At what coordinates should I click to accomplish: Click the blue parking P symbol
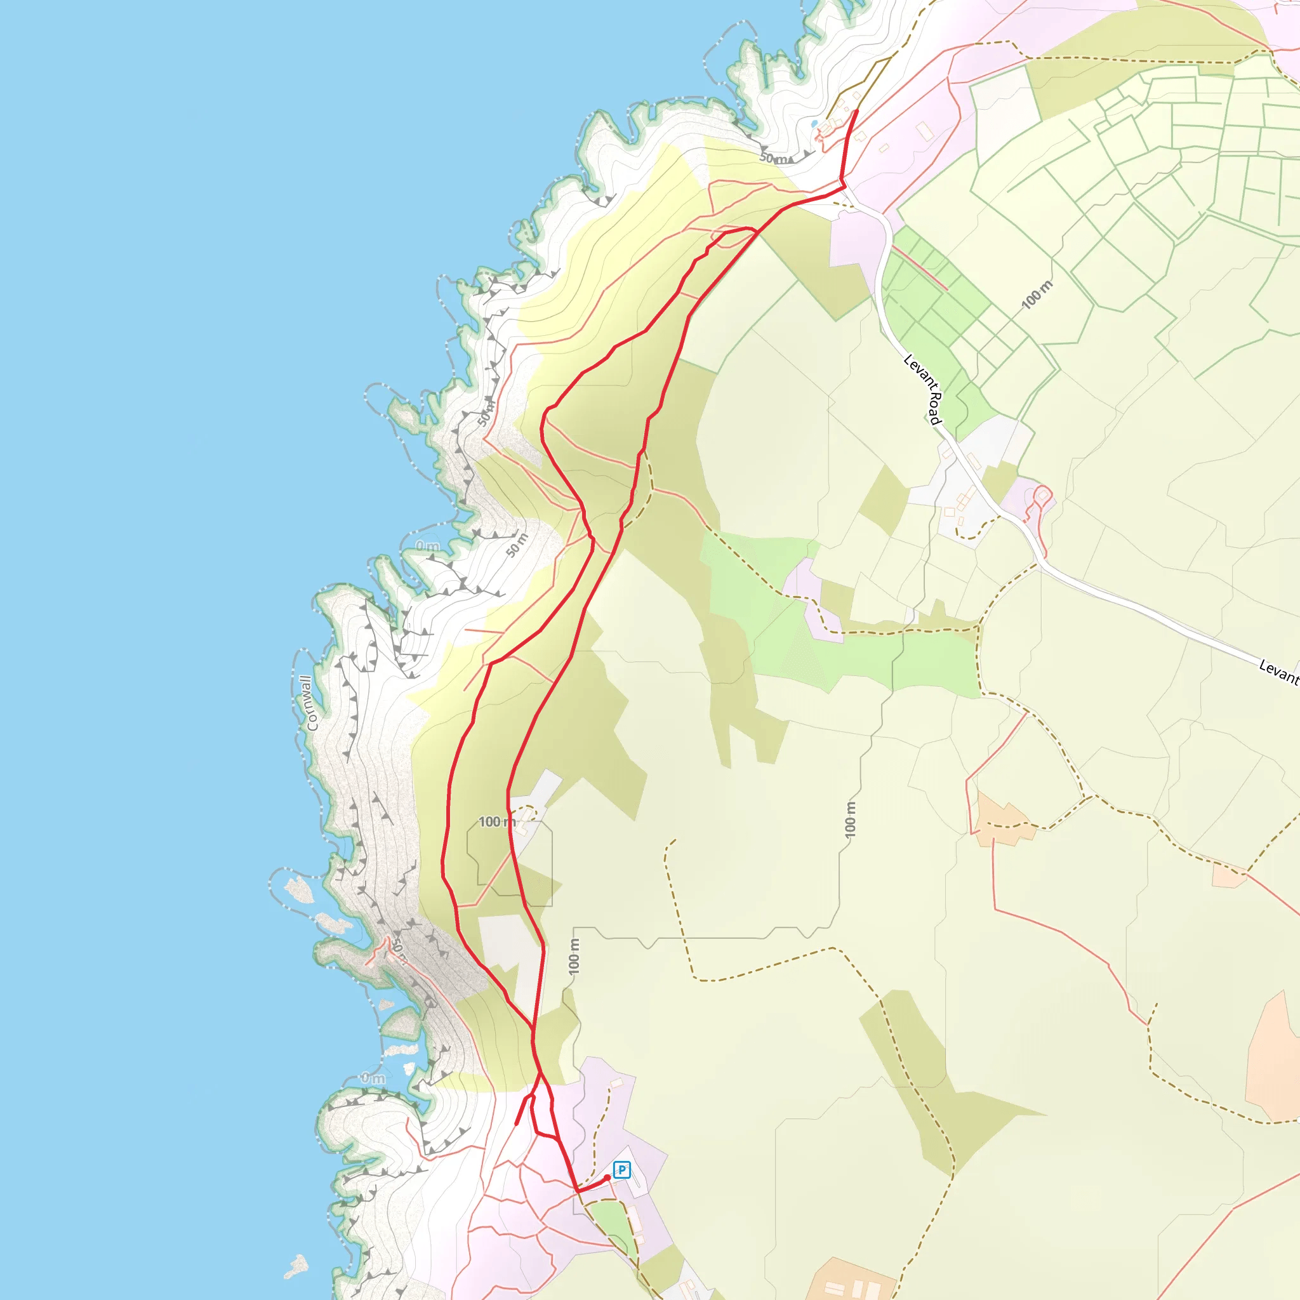coord(621,1170)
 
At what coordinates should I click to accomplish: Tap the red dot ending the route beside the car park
coord(607,1177)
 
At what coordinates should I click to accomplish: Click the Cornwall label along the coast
coord(309,703)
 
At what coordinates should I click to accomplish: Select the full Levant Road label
coord(922,390)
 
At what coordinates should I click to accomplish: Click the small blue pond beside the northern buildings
coord(814,124)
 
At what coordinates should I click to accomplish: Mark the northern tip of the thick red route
coord(856,110)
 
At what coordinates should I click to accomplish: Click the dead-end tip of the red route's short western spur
coord(516,1124)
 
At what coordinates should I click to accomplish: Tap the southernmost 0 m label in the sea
coord(373,1078)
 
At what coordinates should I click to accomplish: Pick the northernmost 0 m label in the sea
coord(427,545)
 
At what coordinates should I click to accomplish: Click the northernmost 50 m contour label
coord(774,159)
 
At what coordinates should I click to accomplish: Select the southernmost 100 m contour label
coord(574,956)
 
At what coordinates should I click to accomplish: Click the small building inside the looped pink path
coord(1043,495)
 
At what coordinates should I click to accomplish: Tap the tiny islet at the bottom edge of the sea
coord(296,1266)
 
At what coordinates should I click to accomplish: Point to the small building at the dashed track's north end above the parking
coord(616,1084)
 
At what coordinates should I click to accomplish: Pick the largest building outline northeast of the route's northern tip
coord(924,131)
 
